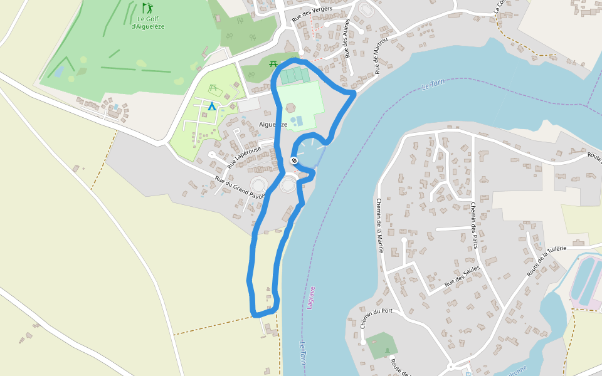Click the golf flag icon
tap(147, 8)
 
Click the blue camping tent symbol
tap(212, 107)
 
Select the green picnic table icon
tap(273, 63)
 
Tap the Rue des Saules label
tap(462, 276)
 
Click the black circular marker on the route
tap(293, 161)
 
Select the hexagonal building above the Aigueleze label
tap(291, 107)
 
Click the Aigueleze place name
tap(273, 124)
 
